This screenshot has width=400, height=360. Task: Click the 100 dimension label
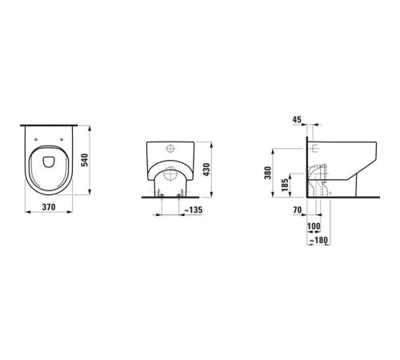pyautogui.click(x=313, y=227)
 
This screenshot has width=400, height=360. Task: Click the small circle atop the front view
pyautogui.click(x=171, y=149)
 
